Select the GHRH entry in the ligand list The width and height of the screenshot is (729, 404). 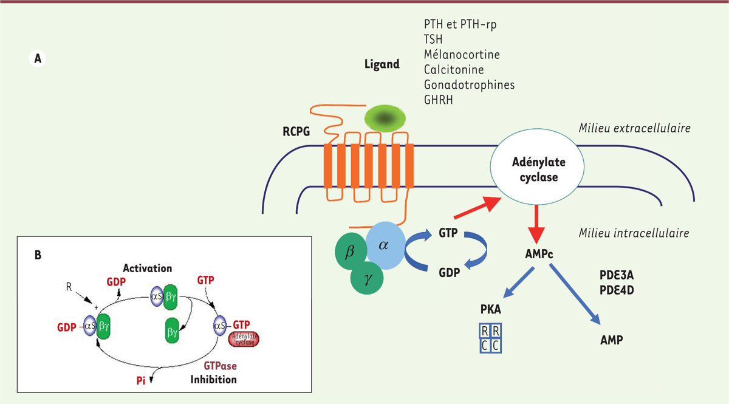point(439,99)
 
